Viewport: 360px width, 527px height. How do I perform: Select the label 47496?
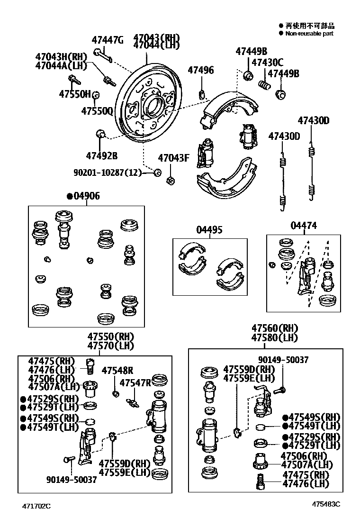click(200, 71)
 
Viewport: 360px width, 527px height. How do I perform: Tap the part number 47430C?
click(267, 62)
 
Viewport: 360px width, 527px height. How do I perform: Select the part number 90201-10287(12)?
click(108, 173)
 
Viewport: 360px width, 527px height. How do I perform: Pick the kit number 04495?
click(209, 230)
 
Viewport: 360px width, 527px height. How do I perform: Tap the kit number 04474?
click(304, 226)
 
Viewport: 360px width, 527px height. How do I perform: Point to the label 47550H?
click(74, 94)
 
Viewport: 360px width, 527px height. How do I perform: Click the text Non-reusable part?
click(309, 34)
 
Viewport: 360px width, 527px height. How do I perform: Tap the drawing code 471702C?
click(35, 506)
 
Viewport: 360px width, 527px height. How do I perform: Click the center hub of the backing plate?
click(154, 107)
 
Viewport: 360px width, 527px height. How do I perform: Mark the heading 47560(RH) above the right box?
click(274, 328)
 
